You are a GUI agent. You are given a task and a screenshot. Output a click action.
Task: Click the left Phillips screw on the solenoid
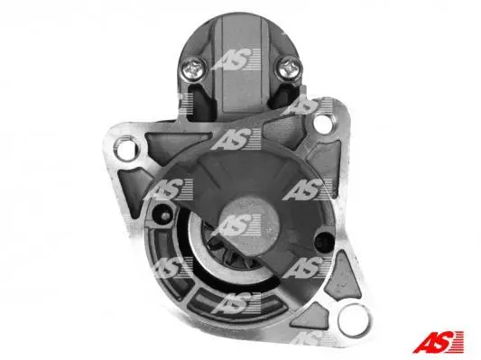(x=193, y=69)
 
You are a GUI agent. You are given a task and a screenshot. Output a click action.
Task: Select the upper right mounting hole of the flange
(x=323, y=123)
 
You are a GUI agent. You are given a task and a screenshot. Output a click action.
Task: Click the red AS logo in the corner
(x=439, y=342)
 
